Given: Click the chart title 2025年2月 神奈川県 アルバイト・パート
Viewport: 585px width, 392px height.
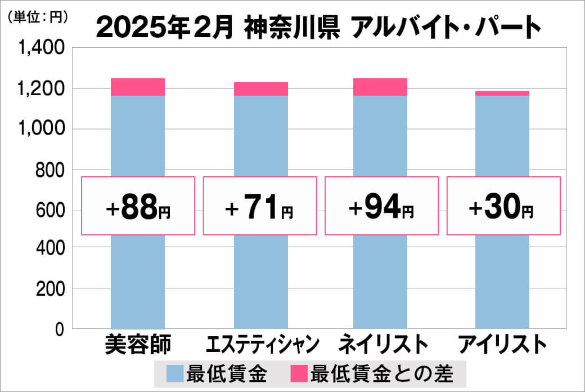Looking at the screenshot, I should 318,27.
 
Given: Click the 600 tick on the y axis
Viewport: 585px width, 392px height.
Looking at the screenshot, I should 51,210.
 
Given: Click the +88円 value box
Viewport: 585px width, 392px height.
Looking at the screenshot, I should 138,206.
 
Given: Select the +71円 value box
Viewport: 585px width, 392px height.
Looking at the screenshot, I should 260,206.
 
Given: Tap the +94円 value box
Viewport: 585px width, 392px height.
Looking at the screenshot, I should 381,206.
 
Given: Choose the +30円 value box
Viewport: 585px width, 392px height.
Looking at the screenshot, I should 503,206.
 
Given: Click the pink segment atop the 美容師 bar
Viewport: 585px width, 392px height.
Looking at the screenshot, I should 138,87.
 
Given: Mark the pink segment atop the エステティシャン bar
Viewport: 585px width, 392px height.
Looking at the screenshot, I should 261,89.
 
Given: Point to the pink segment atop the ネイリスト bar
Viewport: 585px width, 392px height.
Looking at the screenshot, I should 380,87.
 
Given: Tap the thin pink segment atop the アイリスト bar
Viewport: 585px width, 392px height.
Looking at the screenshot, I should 502,93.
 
